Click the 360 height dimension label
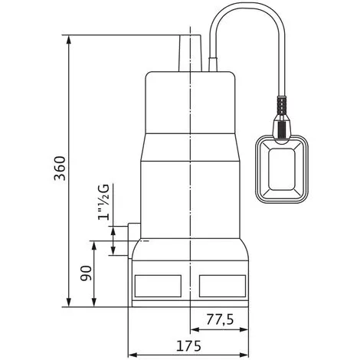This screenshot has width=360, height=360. pyautogui.click(x=60, y=169)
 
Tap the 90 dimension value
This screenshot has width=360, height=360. pyautogui.click(x=86, y=273)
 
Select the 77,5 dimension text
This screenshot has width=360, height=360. pyautogui.click(x=220, y=319)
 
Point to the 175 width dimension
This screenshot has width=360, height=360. pyautogui.click(x=189, y=346)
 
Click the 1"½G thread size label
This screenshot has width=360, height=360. pyautogui.click(x=103, y=201)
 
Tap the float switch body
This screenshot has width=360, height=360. pyautogui.click(x=282, y=169)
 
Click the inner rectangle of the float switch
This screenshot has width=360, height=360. pyautogui.click(x=282, y=169)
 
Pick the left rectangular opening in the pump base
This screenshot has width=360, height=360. pyautogui.click(x=158, y=286)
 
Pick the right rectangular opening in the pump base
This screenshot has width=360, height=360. pyautogui.click(x=222, y=286)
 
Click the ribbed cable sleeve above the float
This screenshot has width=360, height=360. pyautogui.click(x=282, y=105)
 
